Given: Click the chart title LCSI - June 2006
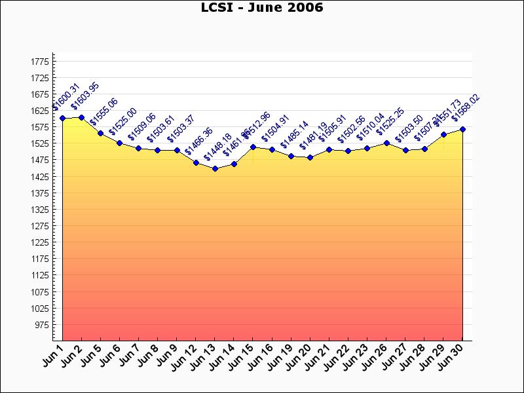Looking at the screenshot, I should (x=261, y=8).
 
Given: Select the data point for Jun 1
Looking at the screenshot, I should (x=62, y=119).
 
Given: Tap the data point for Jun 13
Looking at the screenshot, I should (x=215, y=168).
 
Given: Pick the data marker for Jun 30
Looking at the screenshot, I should (x=463, y=129).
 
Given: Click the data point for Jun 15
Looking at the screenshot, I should (x=253, y=147).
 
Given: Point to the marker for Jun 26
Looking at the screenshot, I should (x=386, y=143).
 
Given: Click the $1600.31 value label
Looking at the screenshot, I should (x=66, y=97).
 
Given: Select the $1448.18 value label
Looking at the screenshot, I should (x=218, y=147).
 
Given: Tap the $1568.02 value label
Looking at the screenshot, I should (x=466, y=108).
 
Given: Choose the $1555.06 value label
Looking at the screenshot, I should (x=104, y=111).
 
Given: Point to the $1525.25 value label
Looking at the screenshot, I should (x=390, y=122).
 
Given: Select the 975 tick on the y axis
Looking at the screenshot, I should (x=41, y=325).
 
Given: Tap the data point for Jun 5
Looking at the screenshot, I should (x=100, y=133).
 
